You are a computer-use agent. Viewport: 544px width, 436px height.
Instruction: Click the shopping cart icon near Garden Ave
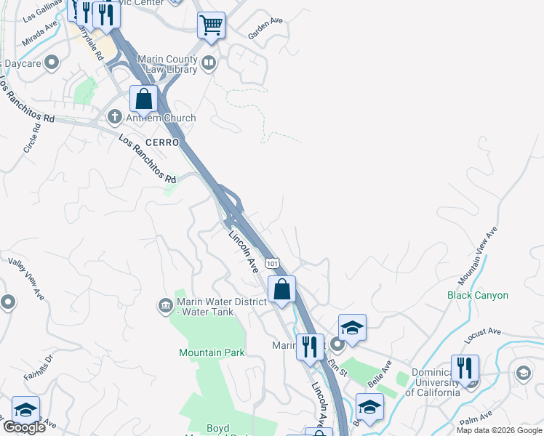(211, 25)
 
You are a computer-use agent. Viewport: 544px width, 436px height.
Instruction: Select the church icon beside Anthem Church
(115, 117)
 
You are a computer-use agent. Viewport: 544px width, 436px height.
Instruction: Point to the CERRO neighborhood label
(161, 142)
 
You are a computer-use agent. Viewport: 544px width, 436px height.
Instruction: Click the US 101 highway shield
(271, 262)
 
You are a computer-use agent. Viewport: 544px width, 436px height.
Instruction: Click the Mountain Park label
(212, 352)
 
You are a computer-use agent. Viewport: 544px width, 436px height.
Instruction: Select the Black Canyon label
(478, 296)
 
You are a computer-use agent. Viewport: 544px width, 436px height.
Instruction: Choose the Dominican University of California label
(432, 383)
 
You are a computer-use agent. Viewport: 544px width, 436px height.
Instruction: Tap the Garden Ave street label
(265, 27)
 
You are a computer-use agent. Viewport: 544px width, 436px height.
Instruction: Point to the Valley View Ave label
(26, 278)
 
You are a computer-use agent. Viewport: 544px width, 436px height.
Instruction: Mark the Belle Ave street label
(380, 373)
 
